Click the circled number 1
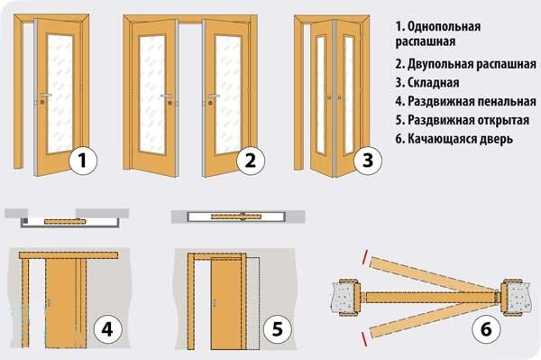click(83, 161)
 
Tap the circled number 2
click(251, 161)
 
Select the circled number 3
click(368, 161)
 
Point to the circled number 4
click(107, 329)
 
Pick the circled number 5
click(278, 329)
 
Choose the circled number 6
click(486, 329)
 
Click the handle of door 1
click(45, 95)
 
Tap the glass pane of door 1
click(60, 93)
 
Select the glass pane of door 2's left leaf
click(152, 94)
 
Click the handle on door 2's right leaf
click(213, 96)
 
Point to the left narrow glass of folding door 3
click(321, 95)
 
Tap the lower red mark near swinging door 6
click(364, 338)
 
